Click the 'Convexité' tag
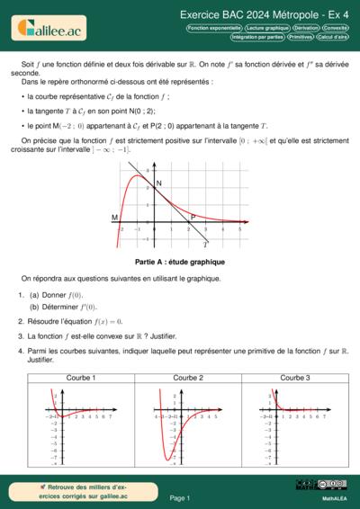click(x=336, y=28)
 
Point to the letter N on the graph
click(x=159, y=183)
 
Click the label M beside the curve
click(x=114, y=218)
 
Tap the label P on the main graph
click(x=192, y=217)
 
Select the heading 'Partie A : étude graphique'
click(x=180, y=262)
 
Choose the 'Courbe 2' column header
click(x=188, y=378)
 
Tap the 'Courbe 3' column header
click(x=294, y=378)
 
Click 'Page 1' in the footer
click(x=180, y=497)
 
